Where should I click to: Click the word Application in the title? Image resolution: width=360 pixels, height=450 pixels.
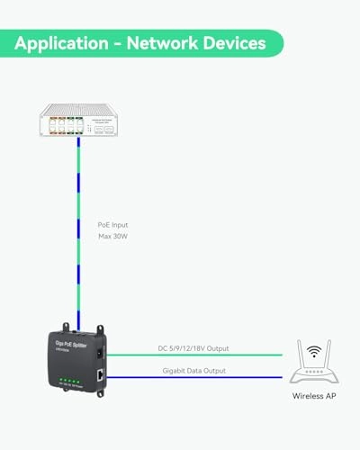click(60, 43)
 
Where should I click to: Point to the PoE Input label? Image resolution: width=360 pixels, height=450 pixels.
click(112, 225)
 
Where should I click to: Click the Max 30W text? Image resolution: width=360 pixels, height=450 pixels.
click(112, 238)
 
